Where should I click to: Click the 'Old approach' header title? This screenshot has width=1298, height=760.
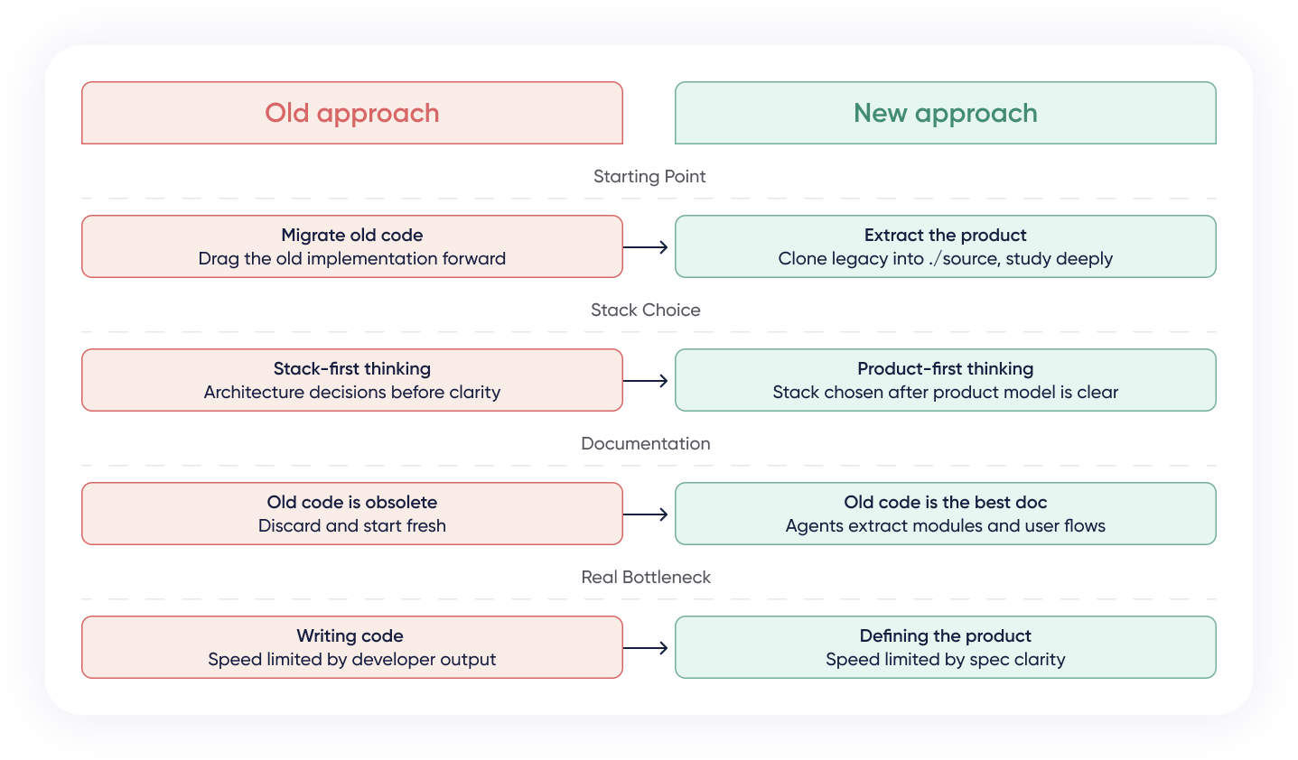coord(351,113)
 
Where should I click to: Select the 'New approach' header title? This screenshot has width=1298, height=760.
coord(945,113)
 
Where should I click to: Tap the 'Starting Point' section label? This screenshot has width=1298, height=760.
coord(649,177)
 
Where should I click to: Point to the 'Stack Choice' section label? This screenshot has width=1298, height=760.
coord(645,310)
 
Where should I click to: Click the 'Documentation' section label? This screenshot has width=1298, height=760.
coord(645,444)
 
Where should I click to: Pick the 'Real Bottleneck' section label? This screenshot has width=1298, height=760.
coord(645,578)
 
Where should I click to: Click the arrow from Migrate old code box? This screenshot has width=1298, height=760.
coord(646,247)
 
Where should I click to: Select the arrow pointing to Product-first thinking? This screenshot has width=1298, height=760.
coord(646,381)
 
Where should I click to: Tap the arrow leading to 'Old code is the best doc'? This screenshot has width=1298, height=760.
coord(646,514)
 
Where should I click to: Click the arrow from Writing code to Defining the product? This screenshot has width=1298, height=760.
coord(646,648)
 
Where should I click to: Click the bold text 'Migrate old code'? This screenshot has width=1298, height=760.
coord(351,236)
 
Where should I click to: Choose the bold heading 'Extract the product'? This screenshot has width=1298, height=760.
coord(945,236)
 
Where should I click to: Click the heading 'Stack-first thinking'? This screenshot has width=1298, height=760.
coord(351,369)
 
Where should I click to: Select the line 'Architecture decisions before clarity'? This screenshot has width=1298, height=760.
coord(351,393)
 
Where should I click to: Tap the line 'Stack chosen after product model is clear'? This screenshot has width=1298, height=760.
coord(945,393)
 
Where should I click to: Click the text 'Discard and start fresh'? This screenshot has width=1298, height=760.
coord(351,526)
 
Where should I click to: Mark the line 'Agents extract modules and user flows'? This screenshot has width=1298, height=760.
coord(945,526)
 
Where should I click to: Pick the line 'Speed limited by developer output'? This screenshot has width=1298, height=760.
coord(351,660)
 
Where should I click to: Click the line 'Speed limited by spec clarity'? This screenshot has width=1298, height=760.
coord(945,660)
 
